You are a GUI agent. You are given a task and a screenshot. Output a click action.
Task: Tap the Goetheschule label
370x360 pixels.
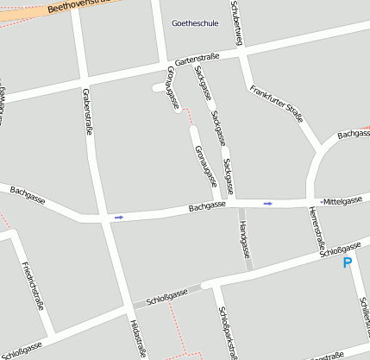tap(195, 23)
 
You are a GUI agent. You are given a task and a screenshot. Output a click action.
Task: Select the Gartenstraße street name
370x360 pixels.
tap(197, 60)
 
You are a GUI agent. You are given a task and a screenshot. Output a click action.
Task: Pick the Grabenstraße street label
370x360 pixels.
tap(88, 111)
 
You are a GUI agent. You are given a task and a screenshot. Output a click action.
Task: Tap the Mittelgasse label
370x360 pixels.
tap(342, 200)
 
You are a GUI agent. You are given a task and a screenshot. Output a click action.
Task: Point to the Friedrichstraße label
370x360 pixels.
tap(31, 284)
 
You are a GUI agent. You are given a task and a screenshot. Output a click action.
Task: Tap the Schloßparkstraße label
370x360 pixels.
tap(228, 332)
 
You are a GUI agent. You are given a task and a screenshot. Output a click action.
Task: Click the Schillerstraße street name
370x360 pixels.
tap(365, 314)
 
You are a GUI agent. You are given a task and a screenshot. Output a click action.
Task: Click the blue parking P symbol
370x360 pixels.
tap(348, 262)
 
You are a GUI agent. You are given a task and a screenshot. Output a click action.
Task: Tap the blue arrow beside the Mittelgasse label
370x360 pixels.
tap(268, 203)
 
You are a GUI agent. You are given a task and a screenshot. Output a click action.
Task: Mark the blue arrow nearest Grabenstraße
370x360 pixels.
tap(118, 217)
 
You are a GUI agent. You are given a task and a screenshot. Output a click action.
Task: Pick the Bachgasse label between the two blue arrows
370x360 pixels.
tap(206, 206)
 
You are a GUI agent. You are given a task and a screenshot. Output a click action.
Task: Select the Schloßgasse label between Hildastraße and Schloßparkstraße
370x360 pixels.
tap(166, 298)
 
